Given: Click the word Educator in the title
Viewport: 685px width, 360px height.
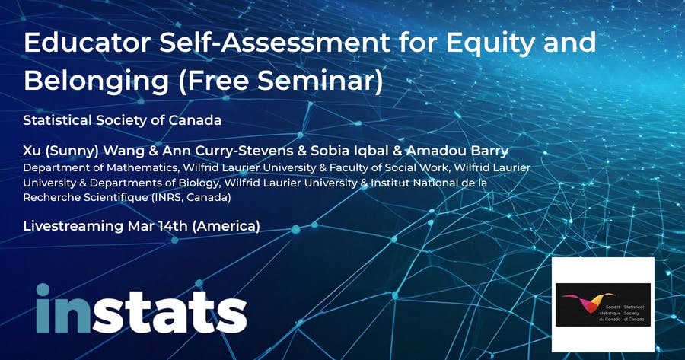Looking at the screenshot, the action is [x=88, y=43].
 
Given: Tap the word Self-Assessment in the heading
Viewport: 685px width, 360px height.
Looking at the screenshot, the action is [x=274, y=43].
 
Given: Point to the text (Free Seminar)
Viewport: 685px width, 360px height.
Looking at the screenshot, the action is [x=280, y=81].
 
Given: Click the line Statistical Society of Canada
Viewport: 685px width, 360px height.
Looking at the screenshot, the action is [x=123, y=120].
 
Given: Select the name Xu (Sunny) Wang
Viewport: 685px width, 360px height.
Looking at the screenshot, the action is [x=84, y=151].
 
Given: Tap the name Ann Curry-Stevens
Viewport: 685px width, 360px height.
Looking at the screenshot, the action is [x=228, y=151].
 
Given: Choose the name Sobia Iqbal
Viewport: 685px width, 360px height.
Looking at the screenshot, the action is [x=350, y=151].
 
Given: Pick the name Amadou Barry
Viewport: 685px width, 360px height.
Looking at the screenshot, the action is [x=457, y=151].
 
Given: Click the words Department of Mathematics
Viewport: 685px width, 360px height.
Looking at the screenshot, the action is [x=100, y=167].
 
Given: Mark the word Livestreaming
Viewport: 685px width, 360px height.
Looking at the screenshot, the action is [x=73, y=227].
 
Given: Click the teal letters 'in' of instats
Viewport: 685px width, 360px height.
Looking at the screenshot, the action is [x=63, y=308].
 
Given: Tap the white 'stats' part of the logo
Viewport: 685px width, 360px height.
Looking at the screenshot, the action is [x=170, y=312].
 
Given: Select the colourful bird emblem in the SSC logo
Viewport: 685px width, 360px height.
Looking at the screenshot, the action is [x=588, y=302].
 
